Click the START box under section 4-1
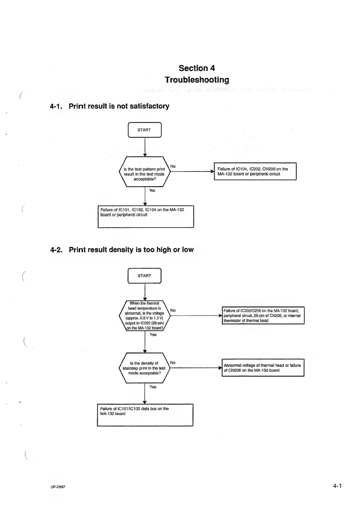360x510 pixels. [x=144, y=130]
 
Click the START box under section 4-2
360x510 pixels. [x=144, y=276]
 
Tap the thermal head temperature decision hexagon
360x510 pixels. [x=144, y=316]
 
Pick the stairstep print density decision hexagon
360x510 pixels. [x=144, y=368]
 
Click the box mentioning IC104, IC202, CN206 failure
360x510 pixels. [x=255, y=171]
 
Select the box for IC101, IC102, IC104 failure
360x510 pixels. [x=146, y=216]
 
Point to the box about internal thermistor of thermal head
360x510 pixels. [x=263, y=316]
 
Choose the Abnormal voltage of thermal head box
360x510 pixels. [x=263, y=368]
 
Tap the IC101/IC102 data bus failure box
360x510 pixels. [x=145, y=415]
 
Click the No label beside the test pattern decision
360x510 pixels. [x=173, y=166]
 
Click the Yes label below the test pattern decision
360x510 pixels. [x=152, y=190]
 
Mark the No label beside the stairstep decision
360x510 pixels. [x=173, y=363]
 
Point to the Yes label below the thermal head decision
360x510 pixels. [x=153, y=335]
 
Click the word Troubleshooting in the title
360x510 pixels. [x=197, y=80]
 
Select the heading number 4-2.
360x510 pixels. [x=56, y=250]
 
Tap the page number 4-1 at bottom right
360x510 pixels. [x=337, y=486]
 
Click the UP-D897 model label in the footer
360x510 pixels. [x=58, y=487]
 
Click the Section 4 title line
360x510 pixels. [x=197, y=68]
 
